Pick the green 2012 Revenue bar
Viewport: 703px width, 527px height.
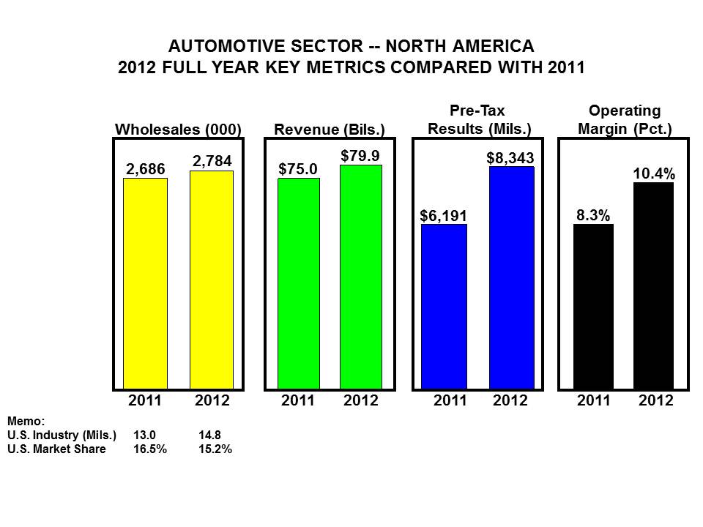(x=360, y=277)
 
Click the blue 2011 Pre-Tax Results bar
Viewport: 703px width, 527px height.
(x=444, y=306)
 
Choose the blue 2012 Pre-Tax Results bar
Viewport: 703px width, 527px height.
(x=511, y=277)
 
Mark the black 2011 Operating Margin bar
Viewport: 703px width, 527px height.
(x=593, y=306)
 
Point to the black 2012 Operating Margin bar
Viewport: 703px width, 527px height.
(x=653, y=285)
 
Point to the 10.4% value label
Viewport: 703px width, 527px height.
(x=654, y=173)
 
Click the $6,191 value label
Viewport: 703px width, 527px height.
(x=443, y=215)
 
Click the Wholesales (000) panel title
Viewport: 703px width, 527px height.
(x=178, y=130)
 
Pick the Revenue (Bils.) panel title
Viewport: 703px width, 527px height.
(x=330, y=130)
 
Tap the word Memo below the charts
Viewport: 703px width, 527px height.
(x=26, y=422)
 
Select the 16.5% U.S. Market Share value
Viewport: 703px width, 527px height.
(x=149, y=449)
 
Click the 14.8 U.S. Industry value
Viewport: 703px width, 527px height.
(x=209, y=436)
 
